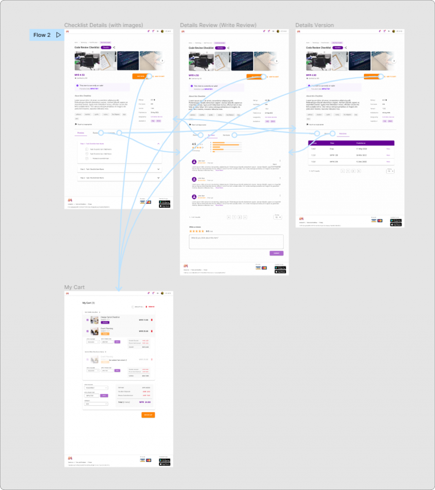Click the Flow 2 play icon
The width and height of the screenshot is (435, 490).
(x=58, y=35)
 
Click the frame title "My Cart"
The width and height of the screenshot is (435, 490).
(x=74, y=287)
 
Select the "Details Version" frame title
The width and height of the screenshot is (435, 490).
(x=314, y=25)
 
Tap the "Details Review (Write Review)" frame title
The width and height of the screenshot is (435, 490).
(x=218, y=25)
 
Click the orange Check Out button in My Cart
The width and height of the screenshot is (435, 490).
(x=148, y=415)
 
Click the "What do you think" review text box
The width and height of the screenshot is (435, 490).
(x=236, y=242)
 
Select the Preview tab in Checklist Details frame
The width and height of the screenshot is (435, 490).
(x=81, y=133)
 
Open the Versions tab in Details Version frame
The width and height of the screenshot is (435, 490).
(x=343, y=134)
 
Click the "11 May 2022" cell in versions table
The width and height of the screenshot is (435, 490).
(x=361, y=149)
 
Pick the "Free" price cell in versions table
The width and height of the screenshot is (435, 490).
(x=332, y=149)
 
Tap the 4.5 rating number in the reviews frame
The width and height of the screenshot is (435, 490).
(x=194, y=144)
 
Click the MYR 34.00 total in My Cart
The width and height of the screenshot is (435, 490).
(x=145, y=402)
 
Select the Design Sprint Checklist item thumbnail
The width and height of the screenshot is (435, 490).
(x=94, y=320)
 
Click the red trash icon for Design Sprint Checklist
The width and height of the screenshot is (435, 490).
(x=152, y=320)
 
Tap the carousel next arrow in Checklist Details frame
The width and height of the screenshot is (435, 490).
(x=162, y=61)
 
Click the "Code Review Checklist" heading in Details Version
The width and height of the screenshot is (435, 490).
(x=318, y=48)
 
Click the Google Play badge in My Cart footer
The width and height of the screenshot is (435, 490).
(x=164, y=460)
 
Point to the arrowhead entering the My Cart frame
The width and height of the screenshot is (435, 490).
(x=118, y=289)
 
